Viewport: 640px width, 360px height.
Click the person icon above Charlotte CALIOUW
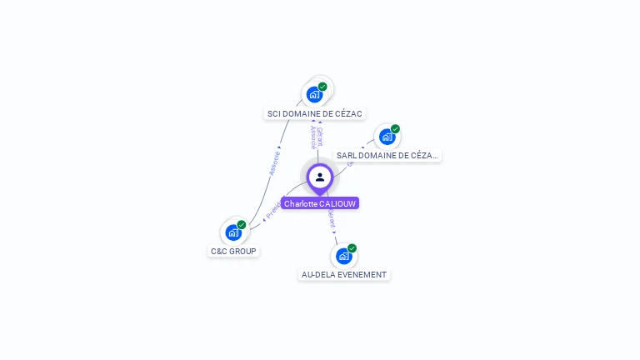pos(320,177)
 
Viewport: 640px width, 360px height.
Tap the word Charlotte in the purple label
pos(301,203)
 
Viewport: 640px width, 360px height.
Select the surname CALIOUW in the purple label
pos(337,203)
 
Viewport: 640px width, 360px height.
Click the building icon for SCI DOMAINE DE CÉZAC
pos(314,94)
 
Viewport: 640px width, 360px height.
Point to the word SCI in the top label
pos(274,113)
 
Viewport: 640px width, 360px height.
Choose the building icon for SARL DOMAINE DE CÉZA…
pos(387,137)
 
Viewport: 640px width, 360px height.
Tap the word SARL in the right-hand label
pos(346,155)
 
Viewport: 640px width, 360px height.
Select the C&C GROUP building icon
pos(233,232)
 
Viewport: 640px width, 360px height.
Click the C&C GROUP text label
pos(233,251)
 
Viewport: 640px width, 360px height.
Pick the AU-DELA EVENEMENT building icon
pos(343,256)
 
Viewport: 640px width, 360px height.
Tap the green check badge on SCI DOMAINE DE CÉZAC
pos(322,87)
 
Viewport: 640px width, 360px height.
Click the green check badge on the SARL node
pos(395,129)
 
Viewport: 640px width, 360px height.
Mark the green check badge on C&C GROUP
pos(242,225)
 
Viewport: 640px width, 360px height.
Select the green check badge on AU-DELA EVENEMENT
pos(352,248)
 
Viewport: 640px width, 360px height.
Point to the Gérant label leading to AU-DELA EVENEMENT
pos(332,219)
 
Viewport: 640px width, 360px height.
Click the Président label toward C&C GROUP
pos(273,208)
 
